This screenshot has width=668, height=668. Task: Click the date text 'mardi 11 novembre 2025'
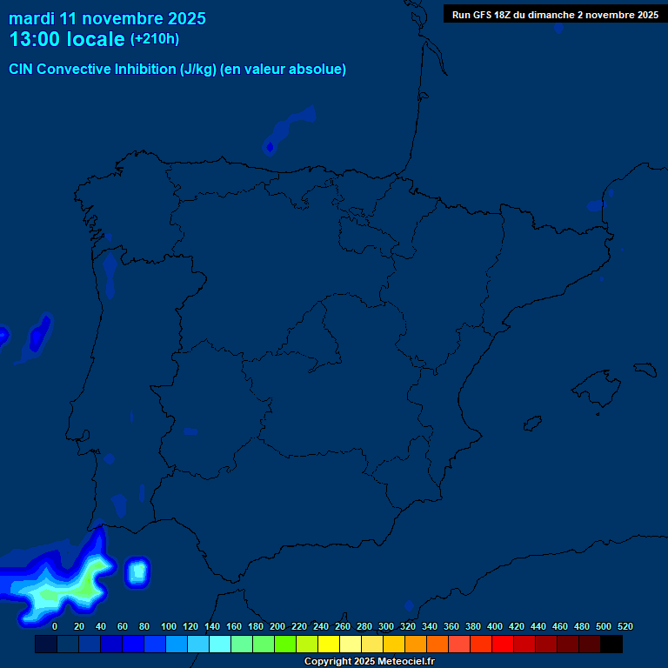tap(107, 17)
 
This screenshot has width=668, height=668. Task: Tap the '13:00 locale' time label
tap(66, 39)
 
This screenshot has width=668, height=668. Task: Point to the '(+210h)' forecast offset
tap(155, 39)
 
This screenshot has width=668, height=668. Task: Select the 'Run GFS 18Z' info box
tap(555, 14)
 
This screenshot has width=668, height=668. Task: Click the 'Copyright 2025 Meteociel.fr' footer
tap(369, 661)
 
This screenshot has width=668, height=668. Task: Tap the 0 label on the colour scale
tap(55, 626)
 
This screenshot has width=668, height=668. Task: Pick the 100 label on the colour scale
tap(169, 626)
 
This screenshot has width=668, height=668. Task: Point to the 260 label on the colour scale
tap(343, 626)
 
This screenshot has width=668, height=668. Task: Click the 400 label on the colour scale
tap(495, 626)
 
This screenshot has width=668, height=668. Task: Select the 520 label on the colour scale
tap(625, 626)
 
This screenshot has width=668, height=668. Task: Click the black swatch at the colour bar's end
tap(611, 644)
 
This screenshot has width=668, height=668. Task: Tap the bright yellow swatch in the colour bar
tap(329, 644)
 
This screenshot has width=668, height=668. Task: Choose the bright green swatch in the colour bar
tap(285, 644)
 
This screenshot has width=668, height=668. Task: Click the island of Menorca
tap(647, 370)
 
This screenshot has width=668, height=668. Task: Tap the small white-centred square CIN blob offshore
tap(137, 571)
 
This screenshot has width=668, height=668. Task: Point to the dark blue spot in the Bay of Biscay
tap(270, 147)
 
